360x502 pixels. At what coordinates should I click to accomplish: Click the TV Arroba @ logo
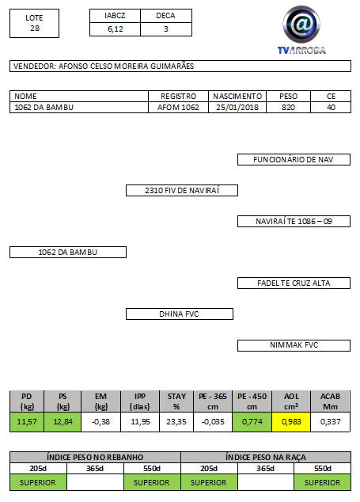point(301,25)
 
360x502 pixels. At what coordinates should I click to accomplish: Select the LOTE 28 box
point(35,24)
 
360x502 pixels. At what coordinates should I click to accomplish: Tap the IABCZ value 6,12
point(116,29)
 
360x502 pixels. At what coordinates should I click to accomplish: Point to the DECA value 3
point(166,29)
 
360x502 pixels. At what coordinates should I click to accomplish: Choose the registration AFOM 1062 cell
point(178,108)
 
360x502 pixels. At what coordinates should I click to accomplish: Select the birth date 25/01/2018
point(237,108)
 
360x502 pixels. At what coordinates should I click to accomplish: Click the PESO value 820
point(288,108)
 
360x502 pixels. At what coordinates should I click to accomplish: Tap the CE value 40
point(331,108)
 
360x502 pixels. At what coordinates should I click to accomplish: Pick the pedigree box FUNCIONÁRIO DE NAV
point(294,160)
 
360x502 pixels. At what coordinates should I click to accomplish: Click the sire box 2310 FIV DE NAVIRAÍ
point(182,191)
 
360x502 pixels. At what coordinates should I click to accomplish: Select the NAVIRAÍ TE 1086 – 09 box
point(294,222)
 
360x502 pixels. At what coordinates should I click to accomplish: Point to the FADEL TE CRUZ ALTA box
point(294,283)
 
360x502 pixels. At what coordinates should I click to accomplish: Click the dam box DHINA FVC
point(180,314)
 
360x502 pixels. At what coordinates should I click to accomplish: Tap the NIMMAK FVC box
point(294,345)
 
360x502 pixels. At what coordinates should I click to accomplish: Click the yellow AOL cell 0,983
point(291,422)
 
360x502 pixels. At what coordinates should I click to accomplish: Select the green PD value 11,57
point(27,422)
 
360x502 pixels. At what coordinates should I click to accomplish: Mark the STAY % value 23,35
point(176,422)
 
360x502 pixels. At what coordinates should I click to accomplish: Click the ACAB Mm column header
point(330,401)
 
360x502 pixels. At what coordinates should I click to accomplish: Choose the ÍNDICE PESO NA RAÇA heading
point(266,457)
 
